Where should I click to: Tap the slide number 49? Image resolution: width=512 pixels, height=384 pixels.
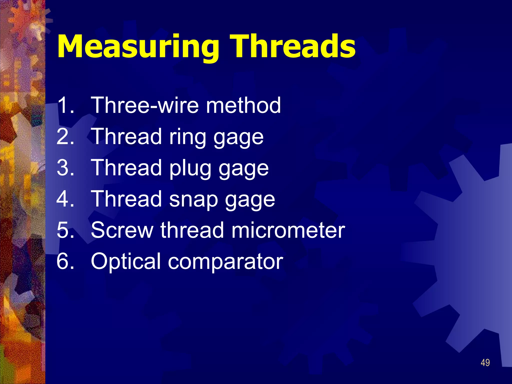click(x=485, y=363)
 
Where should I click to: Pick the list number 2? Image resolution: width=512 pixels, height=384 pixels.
click(x=65, y=136)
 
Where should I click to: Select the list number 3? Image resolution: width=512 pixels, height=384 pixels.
click(x=65, y=168)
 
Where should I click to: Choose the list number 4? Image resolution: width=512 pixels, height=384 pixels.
click(x=65, y=199)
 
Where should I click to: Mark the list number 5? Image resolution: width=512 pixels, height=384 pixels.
click(x=65, y=230)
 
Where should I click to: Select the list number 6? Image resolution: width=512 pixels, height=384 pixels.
click(x=65, y=261)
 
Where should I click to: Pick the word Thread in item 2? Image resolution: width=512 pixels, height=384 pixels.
click(x=126, y=136)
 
